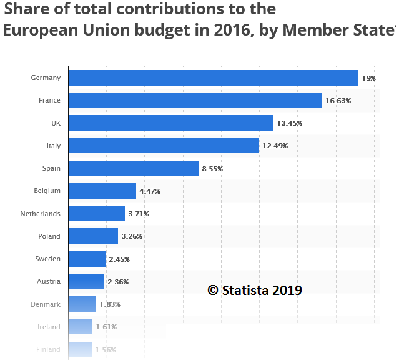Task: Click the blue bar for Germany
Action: click(213, 77)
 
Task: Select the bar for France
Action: click(195, 100)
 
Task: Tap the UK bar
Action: click(170, 122)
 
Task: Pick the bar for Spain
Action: click(133, 168)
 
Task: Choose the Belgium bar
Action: click(102, 191)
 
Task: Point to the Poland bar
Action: click(93, 236)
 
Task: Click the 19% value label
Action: click(368, 78)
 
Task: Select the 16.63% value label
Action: click(338, 101)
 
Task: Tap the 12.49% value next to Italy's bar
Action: click(275, 146)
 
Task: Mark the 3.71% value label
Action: click(139, 214)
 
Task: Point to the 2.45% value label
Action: click(119, 259)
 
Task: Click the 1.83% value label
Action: click(109, 304)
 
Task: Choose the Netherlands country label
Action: click(41, 214)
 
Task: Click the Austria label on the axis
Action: click(49, 282)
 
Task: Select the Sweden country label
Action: click(49, 259)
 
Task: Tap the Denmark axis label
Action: click(46, 304)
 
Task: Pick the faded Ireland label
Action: click(49, 327)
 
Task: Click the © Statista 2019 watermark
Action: click(255, 290)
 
